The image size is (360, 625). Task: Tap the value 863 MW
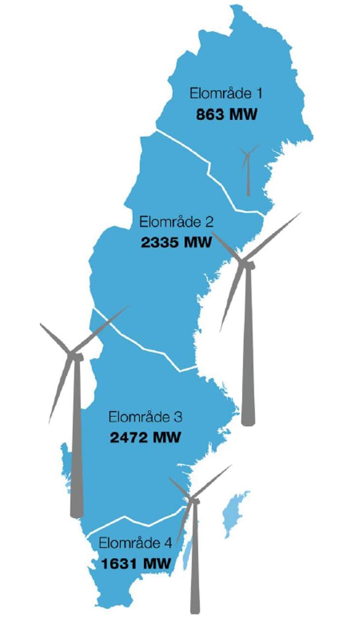227,115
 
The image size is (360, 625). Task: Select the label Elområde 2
177,222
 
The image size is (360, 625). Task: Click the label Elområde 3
145,417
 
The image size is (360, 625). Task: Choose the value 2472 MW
145,438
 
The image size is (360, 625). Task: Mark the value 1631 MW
136,564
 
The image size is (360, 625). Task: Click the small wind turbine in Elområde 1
247,168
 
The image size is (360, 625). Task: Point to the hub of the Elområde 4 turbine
193,500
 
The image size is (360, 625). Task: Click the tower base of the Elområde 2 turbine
248,418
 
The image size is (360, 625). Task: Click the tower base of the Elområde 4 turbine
195,606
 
